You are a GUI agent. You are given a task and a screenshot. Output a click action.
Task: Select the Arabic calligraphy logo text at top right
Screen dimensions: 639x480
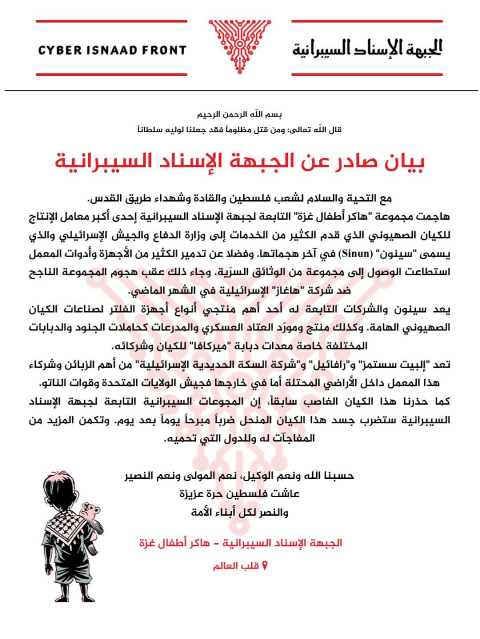click(x=367, y=48)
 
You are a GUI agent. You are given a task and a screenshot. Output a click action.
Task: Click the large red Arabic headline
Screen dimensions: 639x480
click(x=239, y=161)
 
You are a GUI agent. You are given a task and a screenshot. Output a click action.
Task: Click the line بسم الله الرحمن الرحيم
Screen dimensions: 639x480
click(x=239, y=114)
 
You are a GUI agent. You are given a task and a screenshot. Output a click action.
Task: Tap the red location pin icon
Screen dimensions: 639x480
click(x=265, y=566)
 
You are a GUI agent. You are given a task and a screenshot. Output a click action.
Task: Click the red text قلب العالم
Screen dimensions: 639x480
click(x=236, y=566)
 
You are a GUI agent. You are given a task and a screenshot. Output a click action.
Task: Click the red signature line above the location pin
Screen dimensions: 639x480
click(x=240, y=543)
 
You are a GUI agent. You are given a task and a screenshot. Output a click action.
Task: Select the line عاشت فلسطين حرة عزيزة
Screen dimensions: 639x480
click(x=239, y=494)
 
